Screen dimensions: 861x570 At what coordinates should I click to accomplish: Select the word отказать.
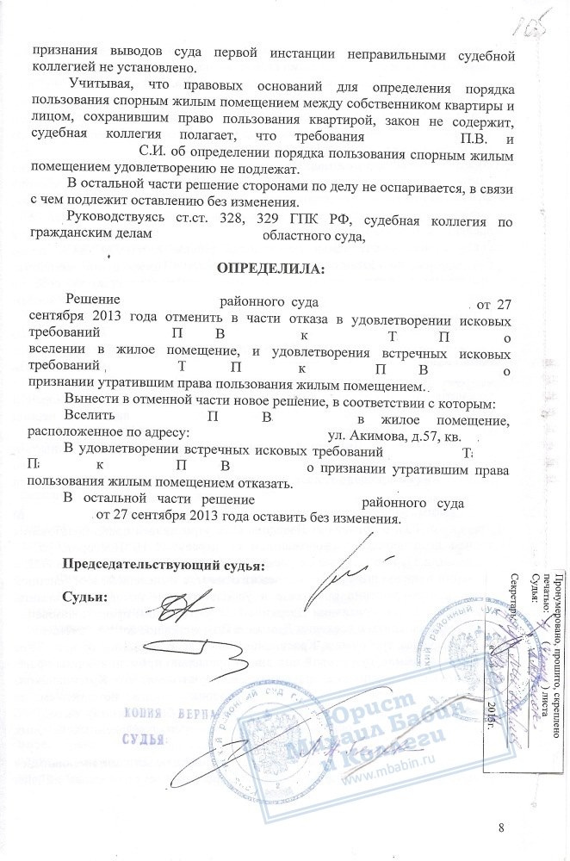pyautogui.click(x=254, y=484)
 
